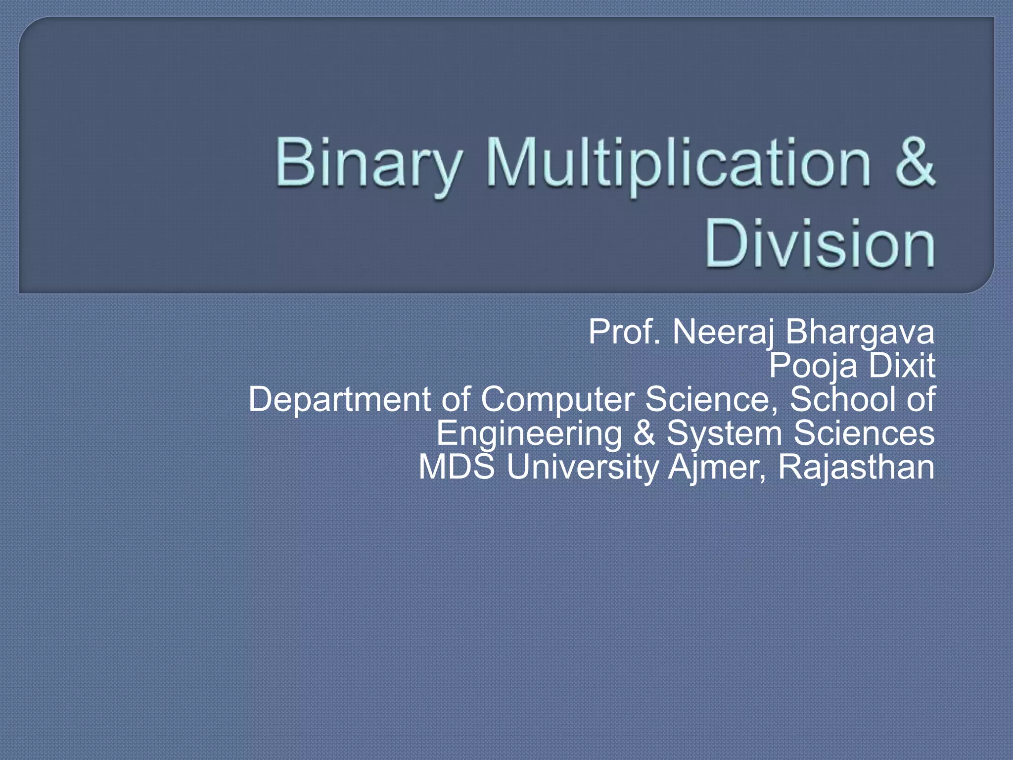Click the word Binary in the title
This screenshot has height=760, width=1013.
tap(368, 163)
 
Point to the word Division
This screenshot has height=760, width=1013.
tap(820, 244)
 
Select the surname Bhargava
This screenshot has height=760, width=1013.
tap(860, 332)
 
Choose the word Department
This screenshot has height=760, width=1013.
tap(339, 400)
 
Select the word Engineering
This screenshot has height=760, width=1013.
tap(529, 433)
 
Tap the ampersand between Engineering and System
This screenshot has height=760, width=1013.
tap(644, 433)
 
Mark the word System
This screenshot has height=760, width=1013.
tap(724, 433)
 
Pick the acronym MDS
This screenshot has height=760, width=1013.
tap(457, 467)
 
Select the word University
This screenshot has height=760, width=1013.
tap(582, 468)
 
